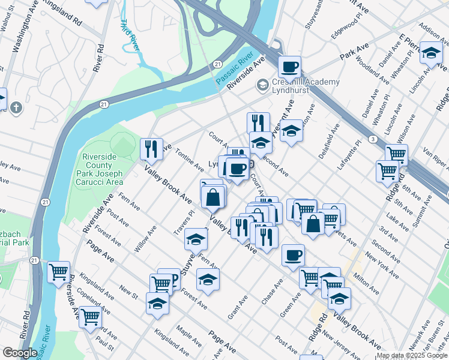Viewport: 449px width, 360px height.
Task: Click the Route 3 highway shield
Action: [x=373, y=139]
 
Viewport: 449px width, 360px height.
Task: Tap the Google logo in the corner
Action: [x=19, y=353]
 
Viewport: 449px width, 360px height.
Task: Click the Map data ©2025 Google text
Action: [x=412, y=355]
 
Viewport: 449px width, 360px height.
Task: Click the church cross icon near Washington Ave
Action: [x=16, y=108]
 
